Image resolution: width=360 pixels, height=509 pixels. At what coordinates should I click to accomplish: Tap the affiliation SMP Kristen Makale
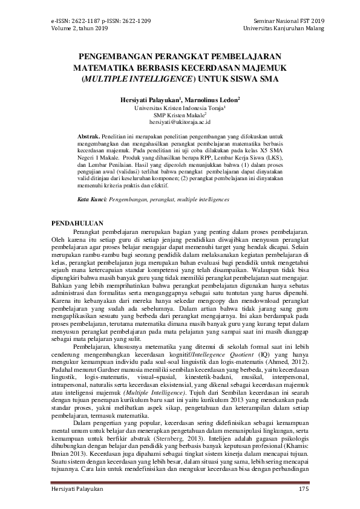[178, 114]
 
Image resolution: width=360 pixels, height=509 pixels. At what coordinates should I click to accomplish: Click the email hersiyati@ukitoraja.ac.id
[180, 121]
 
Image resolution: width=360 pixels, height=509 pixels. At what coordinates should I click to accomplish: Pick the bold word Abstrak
[90, 137]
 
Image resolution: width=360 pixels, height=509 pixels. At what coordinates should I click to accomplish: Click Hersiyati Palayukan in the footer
[77, 488]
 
